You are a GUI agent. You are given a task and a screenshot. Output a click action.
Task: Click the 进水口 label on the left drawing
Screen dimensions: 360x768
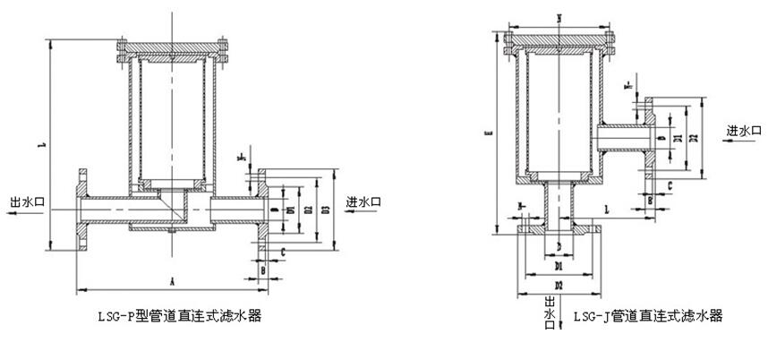tap(363, 203)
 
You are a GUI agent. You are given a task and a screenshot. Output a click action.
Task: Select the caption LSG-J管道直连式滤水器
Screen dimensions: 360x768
tap(647, 315)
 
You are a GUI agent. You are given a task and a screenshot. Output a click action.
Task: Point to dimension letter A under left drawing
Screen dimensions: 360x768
tap(172, 281)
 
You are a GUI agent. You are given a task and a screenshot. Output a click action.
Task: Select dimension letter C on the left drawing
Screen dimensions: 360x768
tap(283, 253)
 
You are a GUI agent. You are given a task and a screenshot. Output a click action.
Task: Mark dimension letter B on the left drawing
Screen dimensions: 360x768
tap(263, 269)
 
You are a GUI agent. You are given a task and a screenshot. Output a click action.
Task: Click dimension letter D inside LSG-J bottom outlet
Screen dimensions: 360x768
tap(557, 244)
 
